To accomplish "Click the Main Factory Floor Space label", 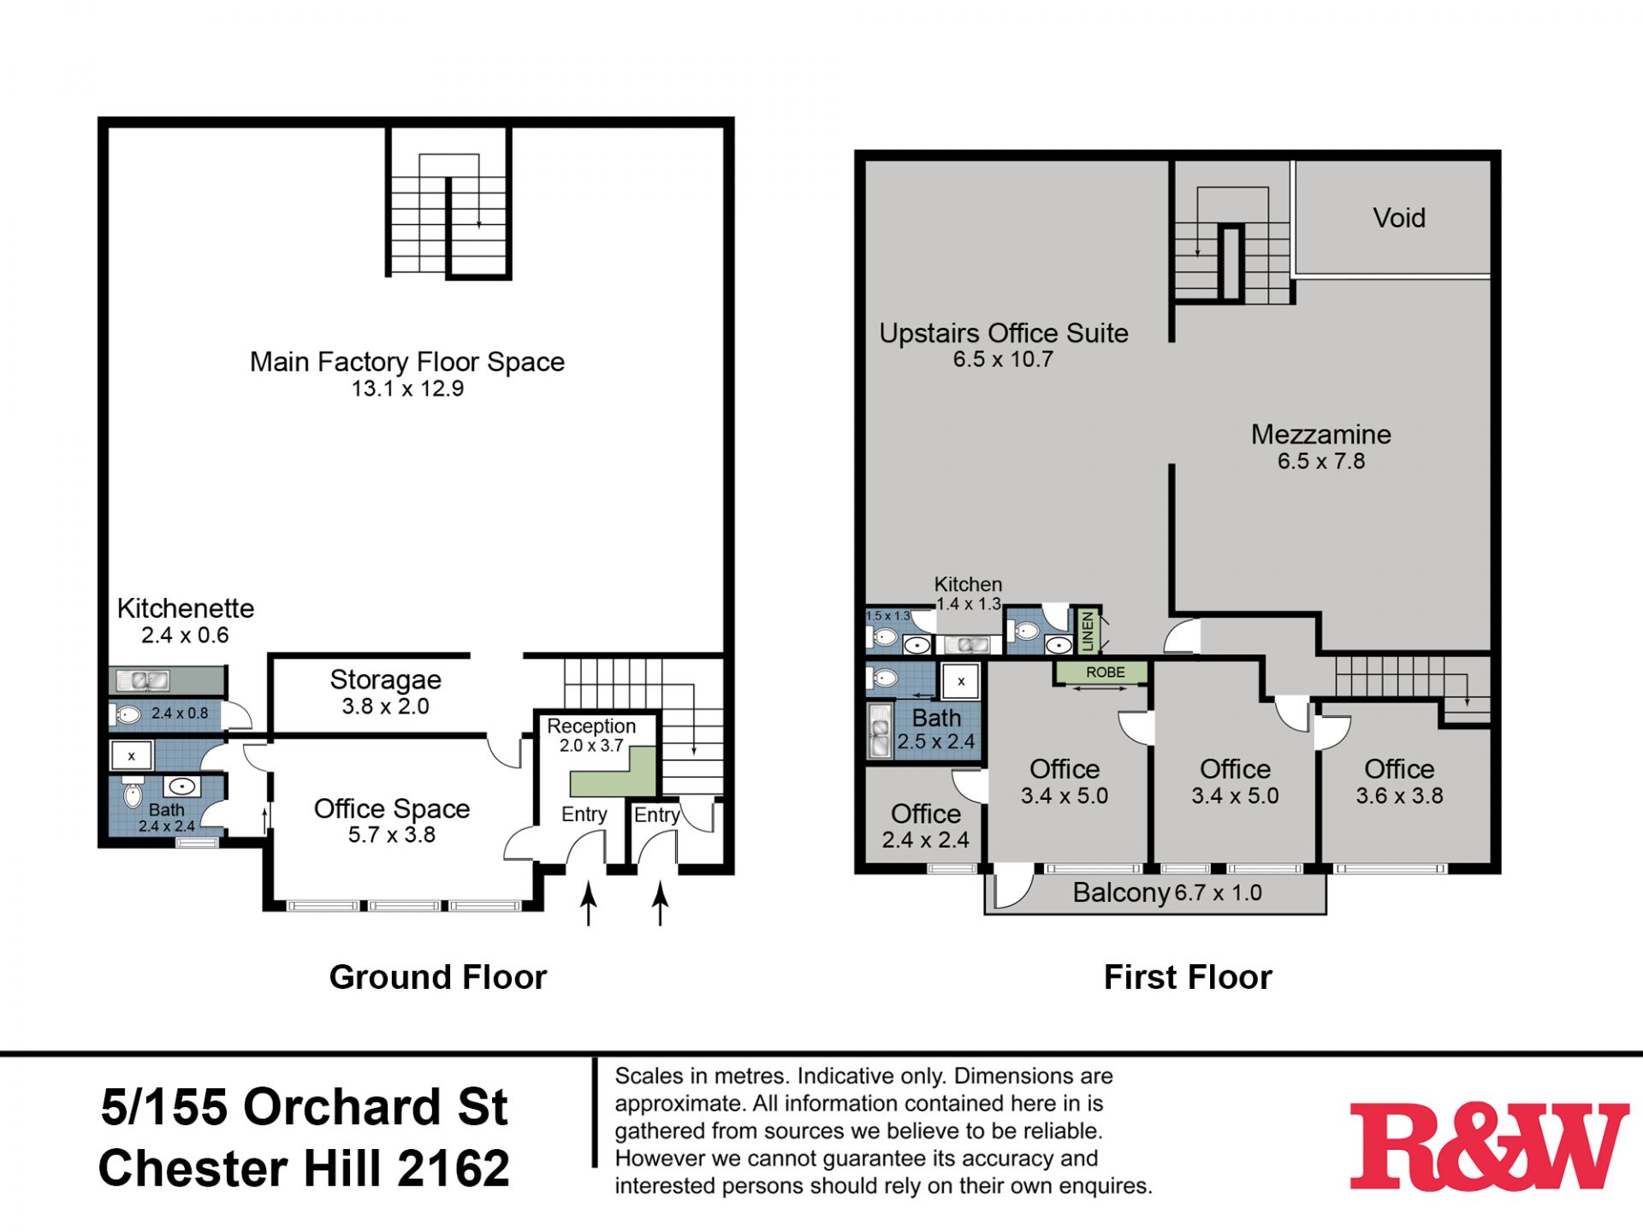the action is [407, 362].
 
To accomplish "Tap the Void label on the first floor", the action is [1399, 218].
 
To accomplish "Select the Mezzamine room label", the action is [1321, 435].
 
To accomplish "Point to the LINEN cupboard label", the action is [1088, 631].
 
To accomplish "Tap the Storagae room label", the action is [386, 680].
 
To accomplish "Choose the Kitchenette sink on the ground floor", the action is [143, 681].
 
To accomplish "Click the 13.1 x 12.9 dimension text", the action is [407, 389].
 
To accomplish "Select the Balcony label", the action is [1121, 893].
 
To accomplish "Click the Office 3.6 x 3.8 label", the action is [1399, 782].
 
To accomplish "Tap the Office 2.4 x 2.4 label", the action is [926, 826].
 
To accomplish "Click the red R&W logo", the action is [1489, 1146].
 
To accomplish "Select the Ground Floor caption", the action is [437, 977].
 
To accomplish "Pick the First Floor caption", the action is [1188, 977].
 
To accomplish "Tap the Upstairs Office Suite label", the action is [1004, 333].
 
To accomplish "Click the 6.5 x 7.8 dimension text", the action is [1321, 462].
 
